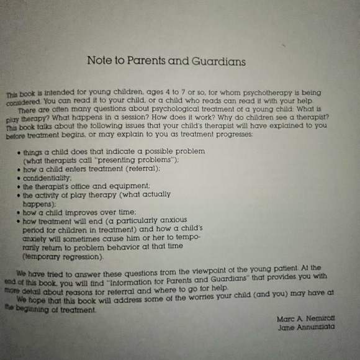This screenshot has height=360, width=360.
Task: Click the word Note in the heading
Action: [x=99, y=61]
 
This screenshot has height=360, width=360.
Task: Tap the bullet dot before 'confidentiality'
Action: [x=19, y=177]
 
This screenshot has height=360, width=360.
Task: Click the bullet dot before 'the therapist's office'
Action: [x=19, y=186]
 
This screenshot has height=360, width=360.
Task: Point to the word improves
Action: [x=82, y=211]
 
